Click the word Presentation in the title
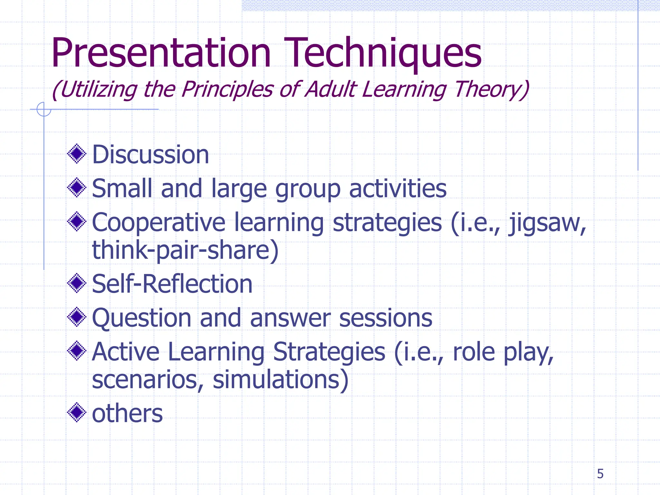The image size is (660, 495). (160, 53)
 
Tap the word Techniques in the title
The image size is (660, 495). (382, 53)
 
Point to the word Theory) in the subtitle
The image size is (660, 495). (491, 89)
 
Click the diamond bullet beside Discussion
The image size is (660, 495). (77, 154)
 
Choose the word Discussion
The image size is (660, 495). (150, 155)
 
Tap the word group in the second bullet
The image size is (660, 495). (308, 189)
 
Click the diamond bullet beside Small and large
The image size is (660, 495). (77, 188)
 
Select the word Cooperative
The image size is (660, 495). (159, 223)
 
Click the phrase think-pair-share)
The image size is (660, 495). (185, 250)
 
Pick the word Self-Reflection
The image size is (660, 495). (172, 284)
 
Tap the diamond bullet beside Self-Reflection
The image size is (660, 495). (77, 283)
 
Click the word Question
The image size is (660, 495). (141, 318)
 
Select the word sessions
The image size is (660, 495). (385, 318)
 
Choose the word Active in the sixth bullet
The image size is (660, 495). (126, 352)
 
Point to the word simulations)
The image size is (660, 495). (280, 380)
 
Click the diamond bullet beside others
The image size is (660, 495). (77, 412)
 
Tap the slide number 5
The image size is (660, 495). (600, 474)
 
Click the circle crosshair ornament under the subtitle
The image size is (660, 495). (44, 109)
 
